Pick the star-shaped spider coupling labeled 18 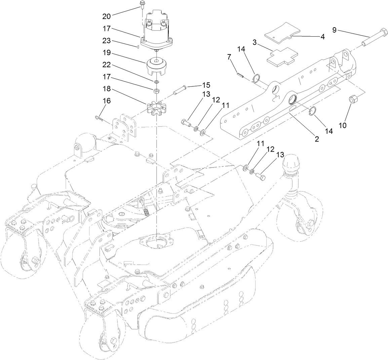(x=157, y=109)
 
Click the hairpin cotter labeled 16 (x=99, y=118)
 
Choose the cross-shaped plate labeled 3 (x=282, y=56)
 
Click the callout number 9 (x=334, y=30)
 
